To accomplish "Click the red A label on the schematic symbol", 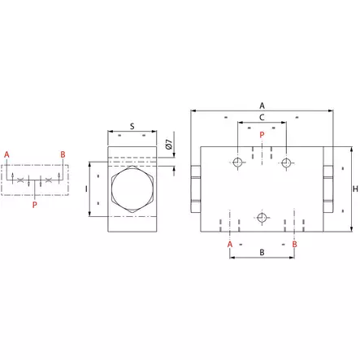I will click(7, 154).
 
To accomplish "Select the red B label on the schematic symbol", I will click(63, 154).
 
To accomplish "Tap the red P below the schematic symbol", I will click(34, 206).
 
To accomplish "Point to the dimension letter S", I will click(132, 126).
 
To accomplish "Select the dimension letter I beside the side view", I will click(85, 189).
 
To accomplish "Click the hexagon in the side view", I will click(131, 189).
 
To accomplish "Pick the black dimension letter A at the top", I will click(262, 106).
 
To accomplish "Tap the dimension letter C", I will click(262, 118).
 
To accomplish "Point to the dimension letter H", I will click(355, 189).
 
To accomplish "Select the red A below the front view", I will click(230, 243).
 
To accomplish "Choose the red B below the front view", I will click(294, 243).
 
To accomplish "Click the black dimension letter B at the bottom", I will click(262, 254).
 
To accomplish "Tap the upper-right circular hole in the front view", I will click(286, 163).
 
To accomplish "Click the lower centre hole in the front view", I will click(262, 218).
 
